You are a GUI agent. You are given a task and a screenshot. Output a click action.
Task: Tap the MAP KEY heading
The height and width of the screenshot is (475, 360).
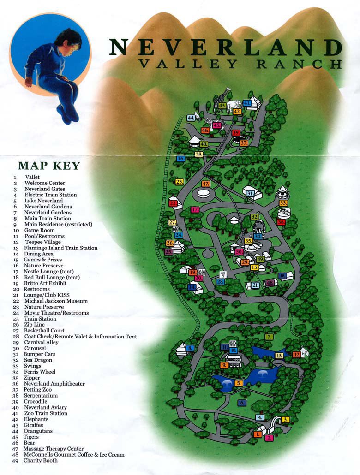point(49,166)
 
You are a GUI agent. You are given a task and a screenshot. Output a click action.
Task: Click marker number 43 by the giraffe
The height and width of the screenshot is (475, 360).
point(222,106)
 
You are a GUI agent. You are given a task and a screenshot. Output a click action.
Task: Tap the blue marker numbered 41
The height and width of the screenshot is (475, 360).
point(247,103)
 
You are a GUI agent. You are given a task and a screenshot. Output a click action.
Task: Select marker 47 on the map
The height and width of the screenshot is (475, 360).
point(206,184)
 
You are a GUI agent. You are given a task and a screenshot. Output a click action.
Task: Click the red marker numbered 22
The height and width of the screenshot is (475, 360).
point(173,203)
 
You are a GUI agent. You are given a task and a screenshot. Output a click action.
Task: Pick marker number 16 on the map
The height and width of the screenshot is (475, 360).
point(180,159)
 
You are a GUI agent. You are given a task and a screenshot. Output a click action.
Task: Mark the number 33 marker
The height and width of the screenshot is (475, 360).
point(283,203)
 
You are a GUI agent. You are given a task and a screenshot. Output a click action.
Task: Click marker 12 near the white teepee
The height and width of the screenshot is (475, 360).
point(296,355)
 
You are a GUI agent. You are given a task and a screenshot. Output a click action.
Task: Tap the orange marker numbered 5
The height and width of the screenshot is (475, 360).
point(239,383)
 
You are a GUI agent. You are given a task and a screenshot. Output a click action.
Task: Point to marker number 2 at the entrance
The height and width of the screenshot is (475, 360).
point(269,438)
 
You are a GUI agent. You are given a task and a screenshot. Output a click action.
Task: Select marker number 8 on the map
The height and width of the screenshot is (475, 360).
point(190,348)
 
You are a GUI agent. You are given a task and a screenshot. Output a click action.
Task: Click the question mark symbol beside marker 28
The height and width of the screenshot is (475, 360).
point(222,274)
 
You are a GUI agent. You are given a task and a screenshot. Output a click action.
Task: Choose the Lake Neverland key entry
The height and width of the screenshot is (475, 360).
point(44,201)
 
